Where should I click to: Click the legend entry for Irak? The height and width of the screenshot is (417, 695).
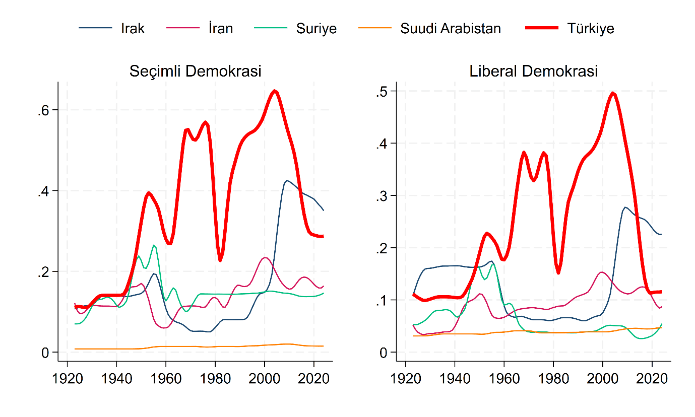pyautogui.click(x=132, y=29)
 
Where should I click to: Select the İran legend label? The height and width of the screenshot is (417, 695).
pyautogui.click(x=220, y=29)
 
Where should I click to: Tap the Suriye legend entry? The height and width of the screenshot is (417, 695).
pyautogui.click(x=316, y=29)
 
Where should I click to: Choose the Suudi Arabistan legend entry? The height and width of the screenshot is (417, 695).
pyautogui.click(x=450, y=29)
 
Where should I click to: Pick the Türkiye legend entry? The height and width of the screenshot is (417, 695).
pyautogui.click(x=590, y=29)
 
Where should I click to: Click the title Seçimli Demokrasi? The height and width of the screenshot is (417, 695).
pyautogui.click(x=195, y=71)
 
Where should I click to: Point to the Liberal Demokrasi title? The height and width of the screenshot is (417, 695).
pyautogui.click(x=533, y=71)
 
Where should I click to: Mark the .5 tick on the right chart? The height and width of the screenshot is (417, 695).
pyautogui.click(x=382, y=91)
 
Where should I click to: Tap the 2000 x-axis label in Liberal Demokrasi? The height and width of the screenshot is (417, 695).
pyautogui.click(x=603, y=379)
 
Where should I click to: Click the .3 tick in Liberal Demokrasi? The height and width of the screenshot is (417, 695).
pyautogui.click(x=382, y=195)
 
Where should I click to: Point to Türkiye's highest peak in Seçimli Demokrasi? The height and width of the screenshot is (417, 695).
pyautogui.click(x=275, y=91)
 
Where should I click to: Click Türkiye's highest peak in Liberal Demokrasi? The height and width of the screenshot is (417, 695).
pyautogui.click(x=613, y=93)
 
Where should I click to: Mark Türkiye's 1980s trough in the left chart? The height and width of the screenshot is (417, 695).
pyautogui.click(x=220, y=260)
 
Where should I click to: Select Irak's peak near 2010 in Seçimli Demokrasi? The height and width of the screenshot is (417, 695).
pyautogui.click(x=287, y=180)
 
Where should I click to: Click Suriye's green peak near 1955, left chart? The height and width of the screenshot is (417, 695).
pyautogui.click(x=154, y=245)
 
